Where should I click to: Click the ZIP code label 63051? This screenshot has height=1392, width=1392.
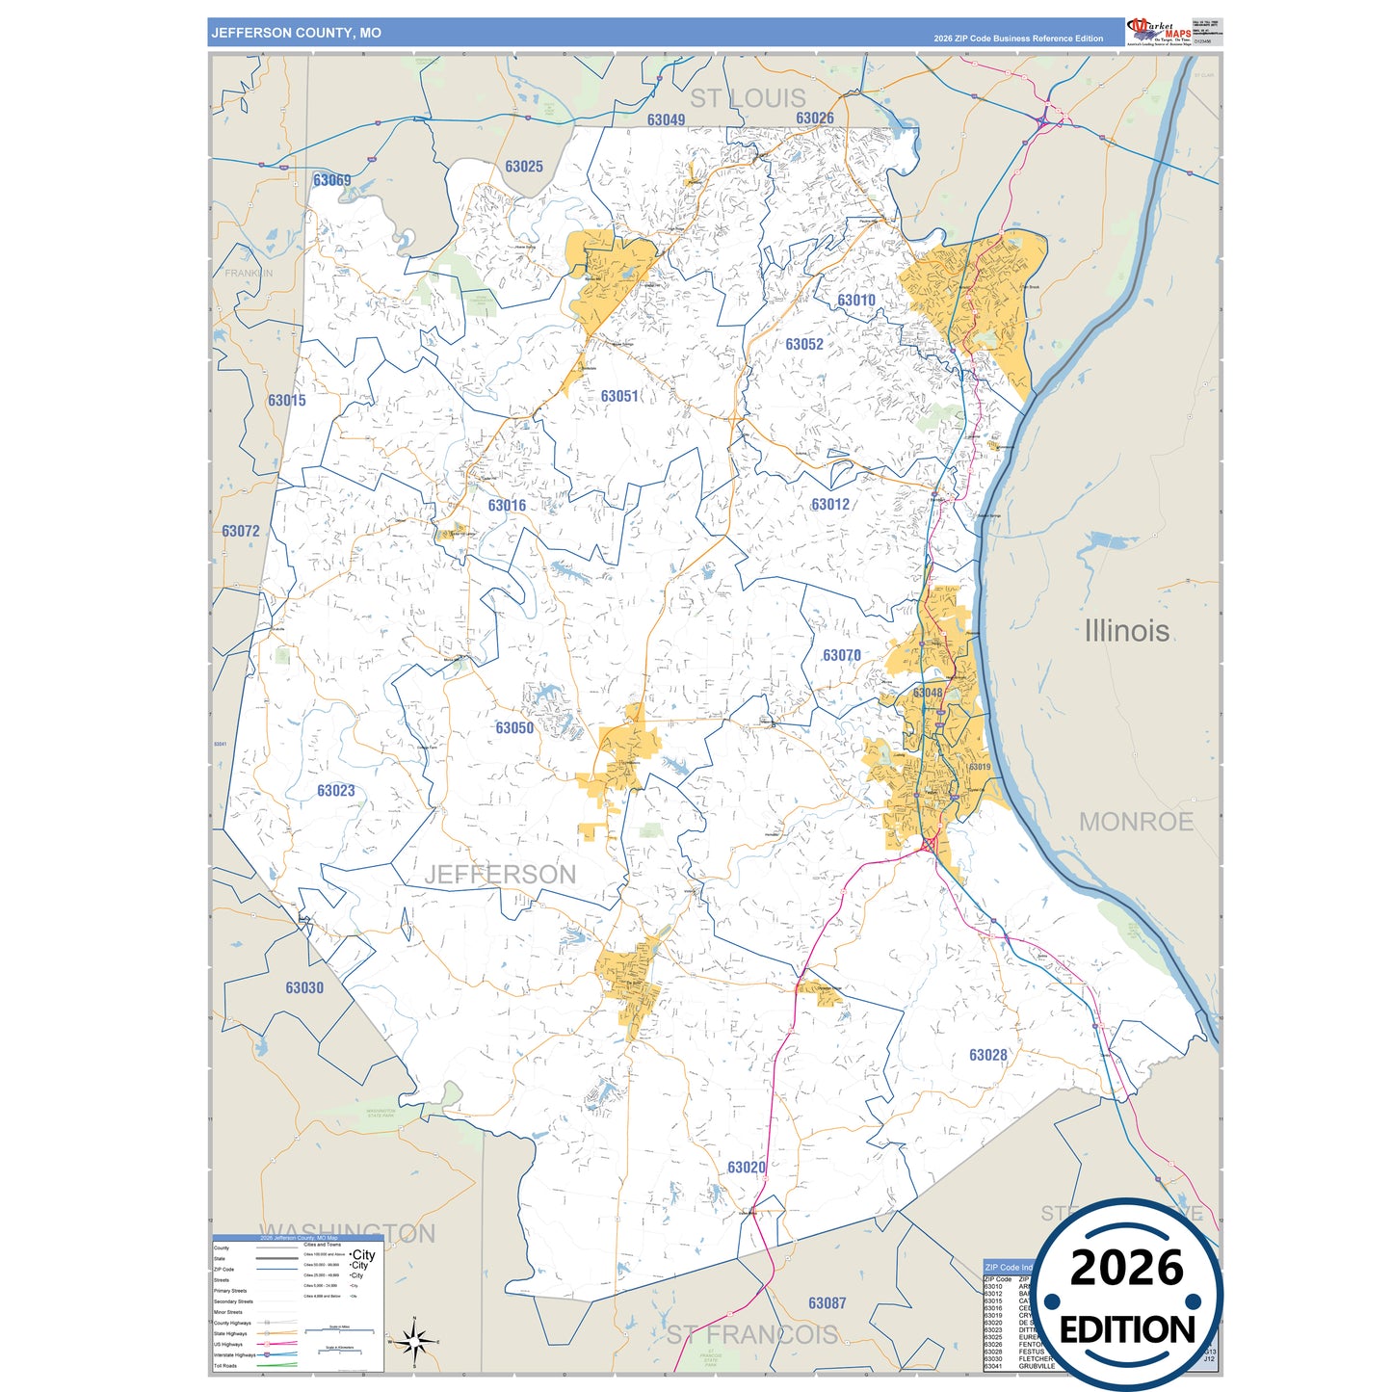(619, 396)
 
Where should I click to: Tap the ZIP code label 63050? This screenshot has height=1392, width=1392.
(514, 728)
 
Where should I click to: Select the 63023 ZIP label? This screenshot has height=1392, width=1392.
(336, 791)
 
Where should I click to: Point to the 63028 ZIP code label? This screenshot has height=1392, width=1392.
(987, 1055)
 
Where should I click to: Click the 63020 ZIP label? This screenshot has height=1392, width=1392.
(747, 1168)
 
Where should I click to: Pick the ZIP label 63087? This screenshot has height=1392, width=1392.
(827, 1303)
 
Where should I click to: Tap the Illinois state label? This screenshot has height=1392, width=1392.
(1126, 631)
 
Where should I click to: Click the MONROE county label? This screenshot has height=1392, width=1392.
(1136, 822)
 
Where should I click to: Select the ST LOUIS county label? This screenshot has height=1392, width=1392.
(748, 98)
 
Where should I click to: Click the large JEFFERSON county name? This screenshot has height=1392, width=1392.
(500, 875)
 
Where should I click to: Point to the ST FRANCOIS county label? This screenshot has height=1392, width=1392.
(752, 1334)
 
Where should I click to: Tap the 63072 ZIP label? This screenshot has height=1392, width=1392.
(241, 532)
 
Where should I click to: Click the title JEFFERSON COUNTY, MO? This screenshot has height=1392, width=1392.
(297, 33)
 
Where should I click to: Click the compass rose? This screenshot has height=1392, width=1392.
(413, 1340)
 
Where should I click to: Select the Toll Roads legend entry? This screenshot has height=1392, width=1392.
(225, 1365)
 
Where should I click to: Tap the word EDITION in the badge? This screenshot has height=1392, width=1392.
(1126, 1330)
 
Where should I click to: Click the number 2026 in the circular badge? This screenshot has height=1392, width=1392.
(1126, 1268)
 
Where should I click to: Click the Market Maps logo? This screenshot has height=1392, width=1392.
(1159, 31)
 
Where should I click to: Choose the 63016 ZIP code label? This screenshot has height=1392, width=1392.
(507, 506)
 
